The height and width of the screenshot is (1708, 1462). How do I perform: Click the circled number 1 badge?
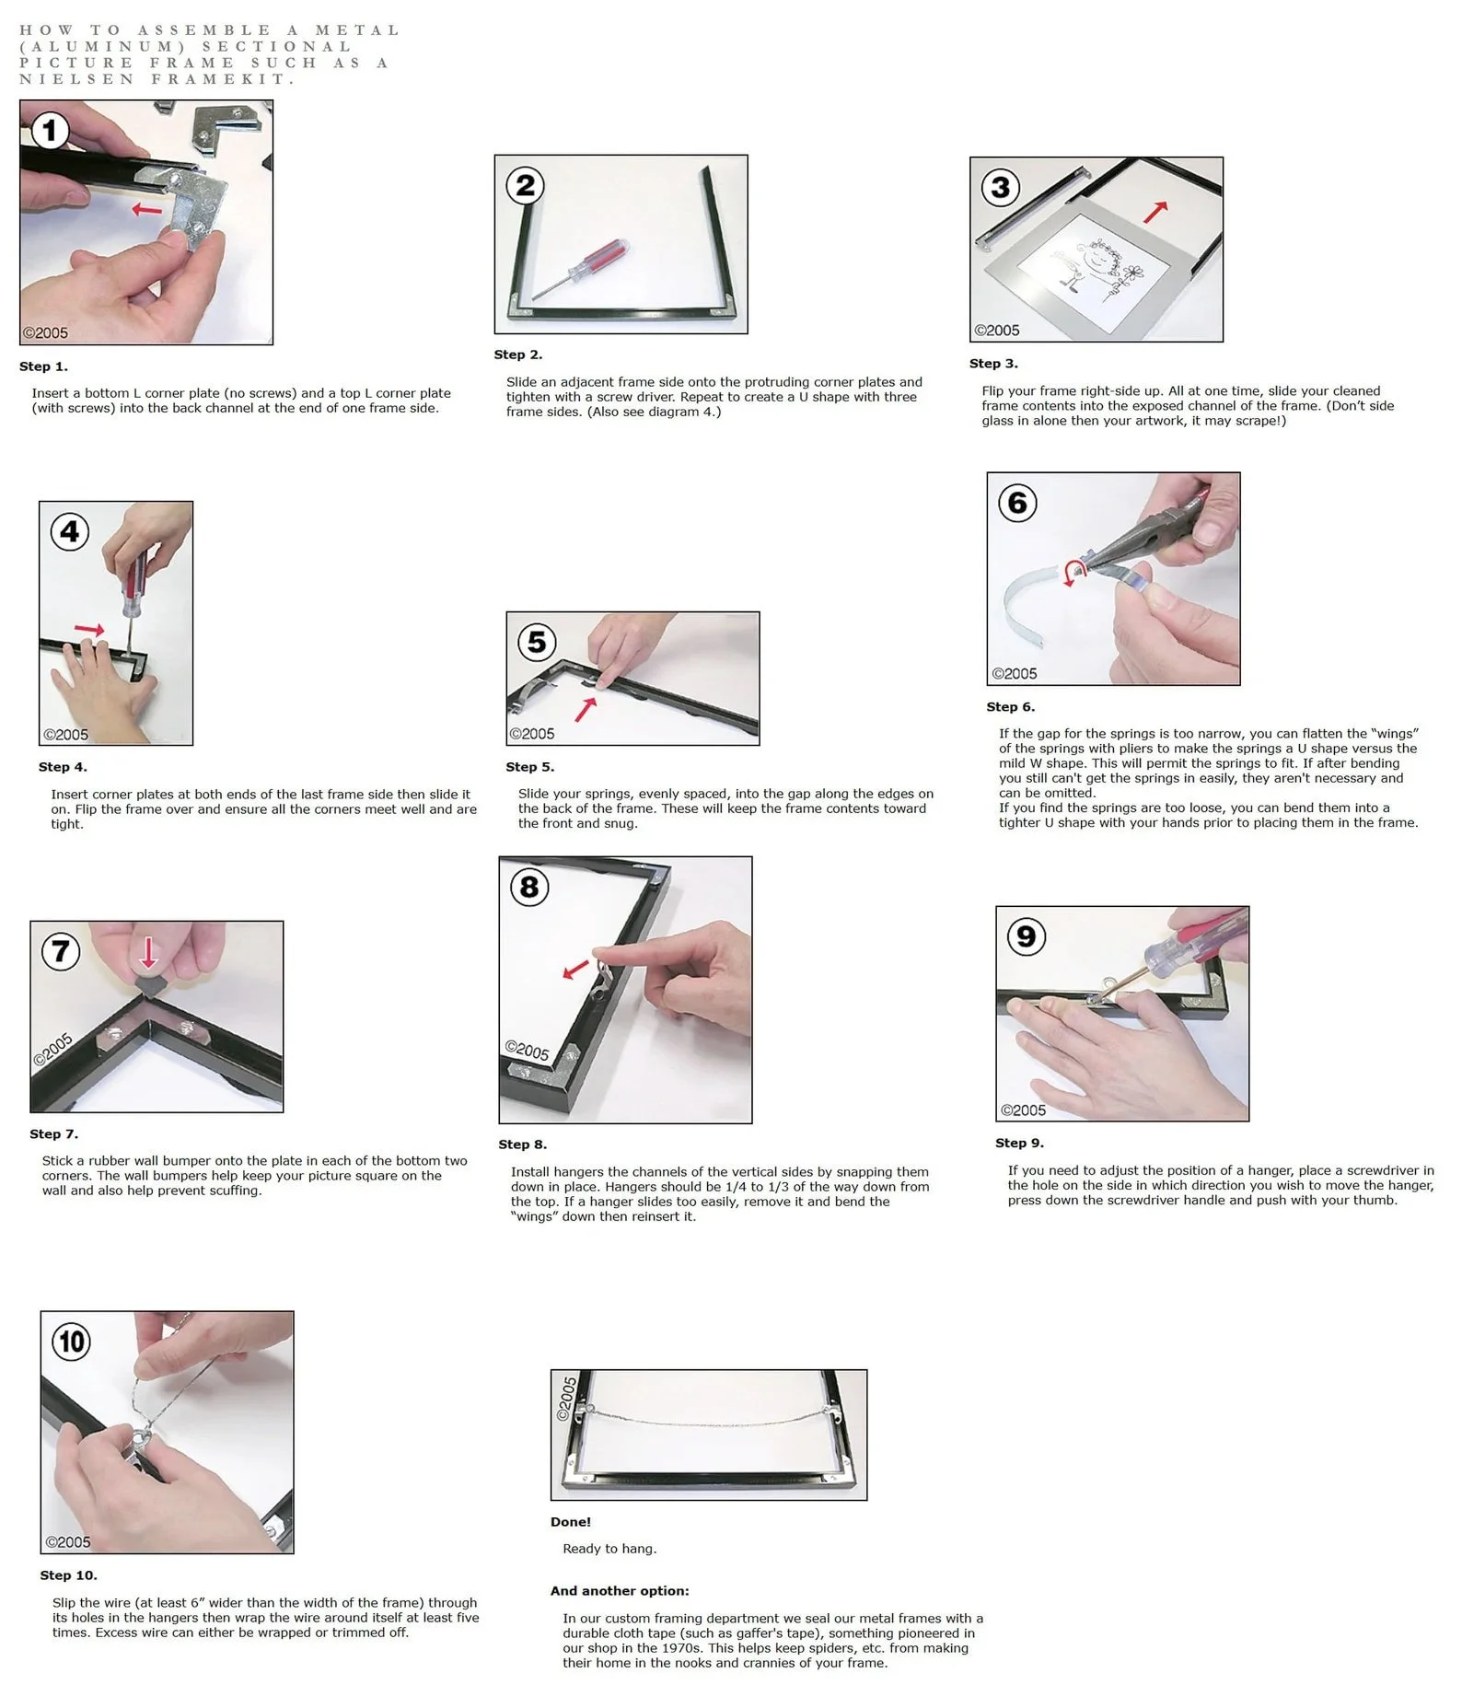[50, 130]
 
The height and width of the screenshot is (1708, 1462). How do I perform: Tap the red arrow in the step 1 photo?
[146, 210]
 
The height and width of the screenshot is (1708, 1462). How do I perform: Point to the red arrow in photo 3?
[1155, 213]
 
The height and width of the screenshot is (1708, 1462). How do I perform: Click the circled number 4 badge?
[69, 531]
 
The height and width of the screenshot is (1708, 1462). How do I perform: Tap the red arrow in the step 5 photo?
[586, 709]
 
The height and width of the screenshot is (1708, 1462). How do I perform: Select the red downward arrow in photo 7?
[148, 953]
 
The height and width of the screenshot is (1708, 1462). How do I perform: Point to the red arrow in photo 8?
[575, 970]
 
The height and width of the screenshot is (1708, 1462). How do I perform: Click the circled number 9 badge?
[1026, 937]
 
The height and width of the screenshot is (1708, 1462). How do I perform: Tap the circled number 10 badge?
[72, 1342]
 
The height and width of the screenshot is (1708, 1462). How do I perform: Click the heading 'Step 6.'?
[1010, 707]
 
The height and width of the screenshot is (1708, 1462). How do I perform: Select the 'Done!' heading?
[571, 1522]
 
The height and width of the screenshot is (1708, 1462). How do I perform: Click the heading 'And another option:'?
[620, 1591]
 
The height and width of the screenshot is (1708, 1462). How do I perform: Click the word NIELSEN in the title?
[77, 79]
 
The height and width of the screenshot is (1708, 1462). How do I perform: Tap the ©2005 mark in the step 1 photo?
[45, 333]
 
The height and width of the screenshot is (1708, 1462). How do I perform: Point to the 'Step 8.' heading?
[522, 1144]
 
